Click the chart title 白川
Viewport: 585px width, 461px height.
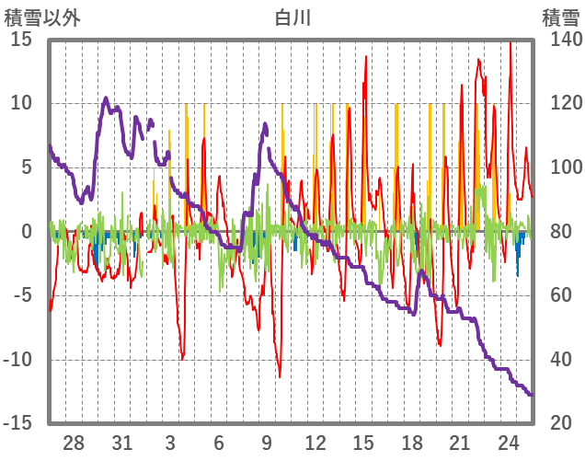[293, 17]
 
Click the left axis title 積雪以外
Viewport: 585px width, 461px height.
[42, 17]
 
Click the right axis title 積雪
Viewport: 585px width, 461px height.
[559, 17]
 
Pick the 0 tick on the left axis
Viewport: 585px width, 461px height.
[27, 232]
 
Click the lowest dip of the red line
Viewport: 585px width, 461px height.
[281, 376]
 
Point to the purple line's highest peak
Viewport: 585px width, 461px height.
[106, 98]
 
